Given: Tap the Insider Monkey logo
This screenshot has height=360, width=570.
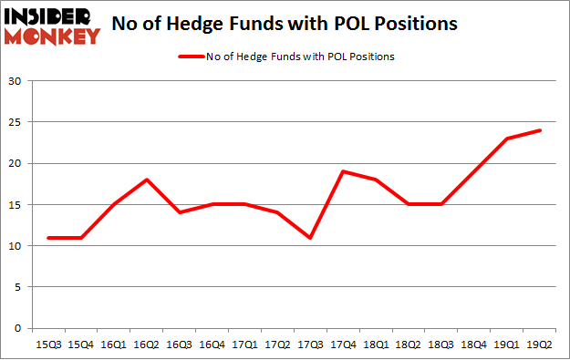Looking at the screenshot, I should (52, 25).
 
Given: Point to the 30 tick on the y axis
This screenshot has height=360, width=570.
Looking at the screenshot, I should (16, 81).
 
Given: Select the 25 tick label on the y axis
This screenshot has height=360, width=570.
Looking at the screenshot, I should (16, 122).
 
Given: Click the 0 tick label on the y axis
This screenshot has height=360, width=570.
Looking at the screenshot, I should (18, 328).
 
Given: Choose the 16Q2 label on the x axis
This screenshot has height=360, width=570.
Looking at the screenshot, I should (147, 345).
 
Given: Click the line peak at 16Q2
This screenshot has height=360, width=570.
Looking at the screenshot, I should (147, 180).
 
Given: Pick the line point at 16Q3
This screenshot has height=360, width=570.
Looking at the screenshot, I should (180, 212).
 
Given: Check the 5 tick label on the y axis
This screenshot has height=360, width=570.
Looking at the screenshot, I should (18, 287).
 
